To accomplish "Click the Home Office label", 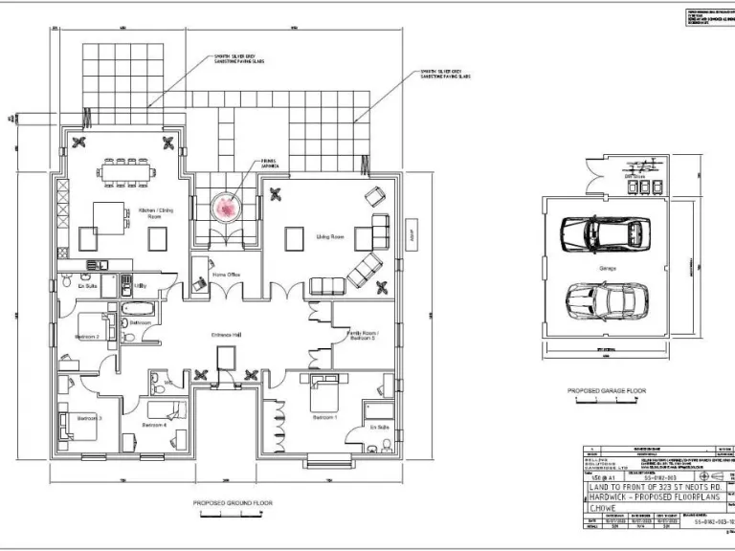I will (226, 275).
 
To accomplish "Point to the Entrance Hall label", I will (224, 334).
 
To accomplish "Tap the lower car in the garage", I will (604, 299).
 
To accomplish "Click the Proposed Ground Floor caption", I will (233, 502).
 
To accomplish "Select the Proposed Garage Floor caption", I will (607, 391).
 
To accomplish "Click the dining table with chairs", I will (126, 173).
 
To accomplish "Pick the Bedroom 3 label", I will (90, 418).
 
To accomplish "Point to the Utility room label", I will (140, 285).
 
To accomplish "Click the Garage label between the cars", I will (608, 269).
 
